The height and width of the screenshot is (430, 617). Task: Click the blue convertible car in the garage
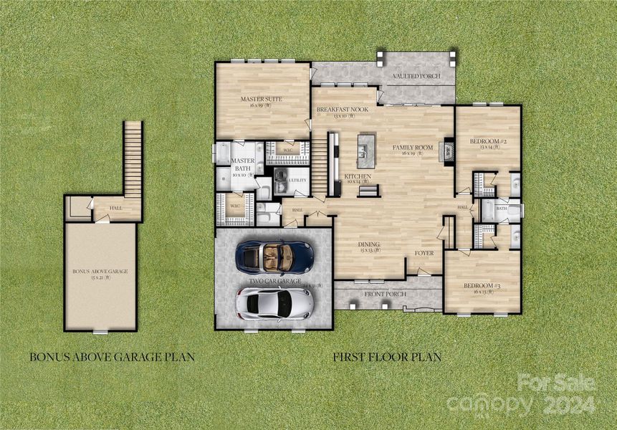tap(274, 255)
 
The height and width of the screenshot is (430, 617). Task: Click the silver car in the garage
tap(274, 303)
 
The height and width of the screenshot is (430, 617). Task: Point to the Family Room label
tap(413, 148)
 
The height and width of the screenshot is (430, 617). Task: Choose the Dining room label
tap(369, 244)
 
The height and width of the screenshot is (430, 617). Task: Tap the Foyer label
tap(424, 254)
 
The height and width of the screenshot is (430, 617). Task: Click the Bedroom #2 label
tap(488, 142)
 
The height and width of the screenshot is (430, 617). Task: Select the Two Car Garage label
tap(274, 282)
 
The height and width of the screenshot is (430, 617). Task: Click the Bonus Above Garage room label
tap(100, 272)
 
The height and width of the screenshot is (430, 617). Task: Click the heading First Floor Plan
tap(386, 356)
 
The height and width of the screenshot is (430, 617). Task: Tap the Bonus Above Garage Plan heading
tap(111, 356)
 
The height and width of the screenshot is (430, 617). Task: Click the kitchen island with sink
tap(365, 150)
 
